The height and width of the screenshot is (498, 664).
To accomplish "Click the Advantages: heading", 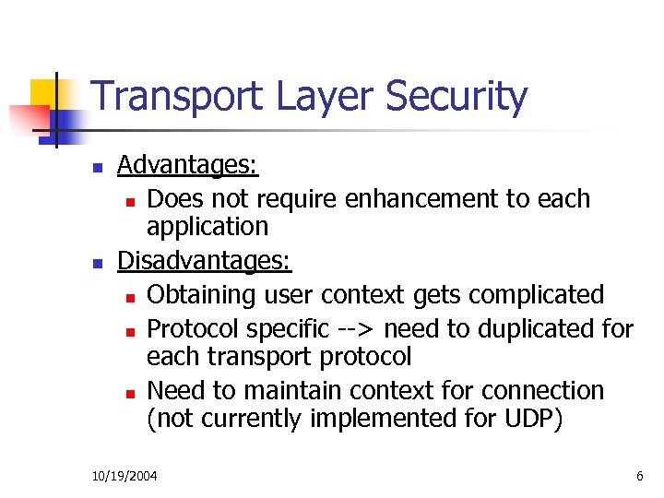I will pyautogui.click(x=188, y=166).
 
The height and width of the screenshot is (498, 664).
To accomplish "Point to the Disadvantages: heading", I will pyautogui.click(x=205, y=262).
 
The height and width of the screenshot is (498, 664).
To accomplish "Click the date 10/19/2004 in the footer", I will pyautogui.click(x=125, y=476).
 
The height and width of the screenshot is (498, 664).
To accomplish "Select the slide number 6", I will pyautogui.click(x=639, y=476).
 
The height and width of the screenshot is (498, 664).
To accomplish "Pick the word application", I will pyautogui.click(x=207, y=227).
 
